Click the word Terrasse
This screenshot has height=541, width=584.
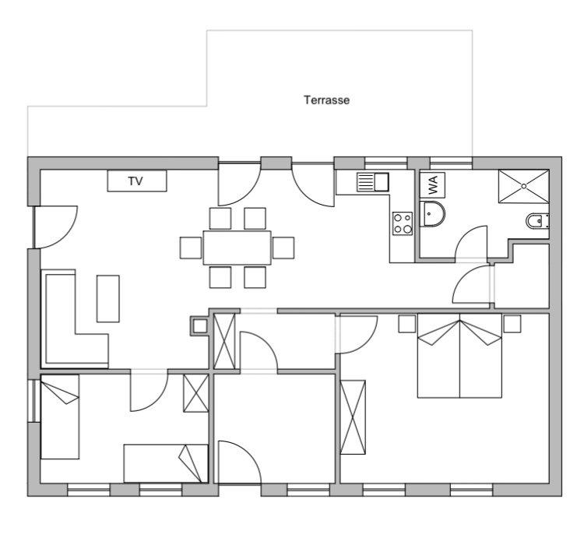click(x=326, y=100)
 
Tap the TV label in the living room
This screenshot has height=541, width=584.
click(x=135, y=181)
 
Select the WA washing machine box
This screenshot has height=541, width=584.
click(x=432, y=185)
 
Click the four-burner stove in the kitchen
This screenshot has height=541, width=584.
click(x=403, y=223)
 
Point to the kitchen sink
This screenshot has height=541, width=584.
click(x=373, y=182)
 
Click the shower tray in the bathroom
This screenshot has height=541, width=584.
click(x=524, y=187)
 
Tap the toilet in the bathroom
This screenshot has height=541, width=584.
click(x=537, y=222)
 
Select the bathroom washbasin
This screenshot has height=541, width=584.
click(x=432, y=214)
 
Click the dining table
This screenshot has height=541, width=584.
click(x=237, y=248)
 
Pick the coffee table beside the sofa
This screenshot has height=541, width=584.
click(x=108, y=299)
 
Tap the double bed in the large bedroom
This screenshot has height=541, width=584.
click(x=459, y=356)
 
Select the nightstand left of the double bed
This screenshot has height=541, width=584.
click(x=407, y=324)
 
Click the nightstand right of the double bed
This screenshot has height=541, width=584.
click(x=512, y=324)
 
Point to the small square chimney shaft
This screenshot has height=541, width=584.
click(x=199, y=326)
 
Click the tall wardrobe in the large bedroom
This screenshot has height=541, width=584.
click(x=353, y=417)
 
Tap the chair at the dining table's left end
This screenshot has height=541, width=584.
click(x=191, y=248)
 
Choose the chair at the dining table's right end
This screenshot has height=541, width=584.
click(x=283, y=248)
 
